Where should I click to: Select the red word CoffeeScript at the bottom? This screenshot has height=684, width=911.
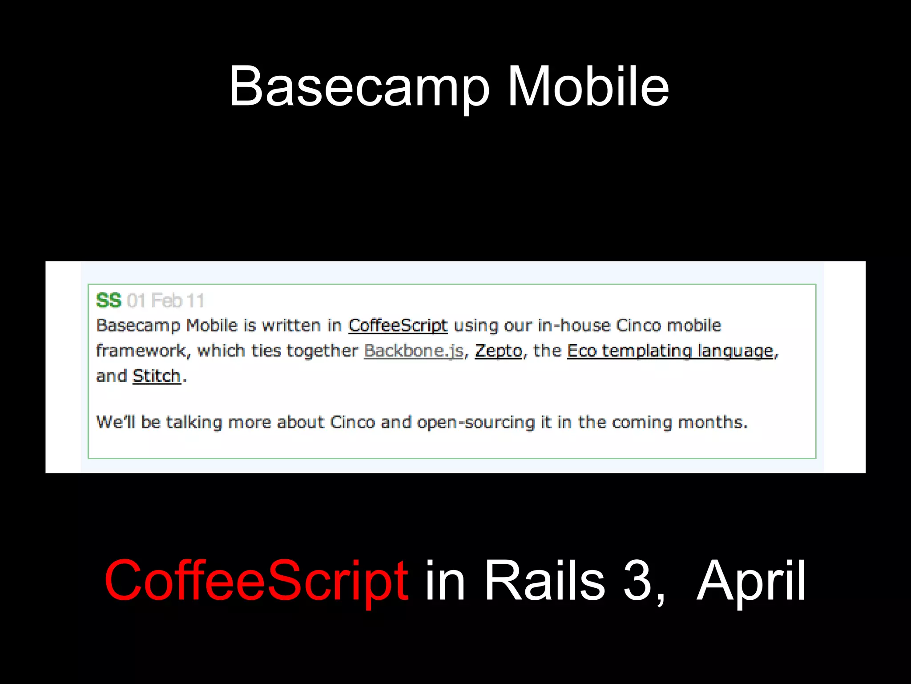point(256,581)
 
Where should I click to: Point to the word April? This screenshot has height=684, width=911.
point(751,582)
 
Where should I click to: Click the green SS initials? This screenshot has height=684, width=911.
point(109,301)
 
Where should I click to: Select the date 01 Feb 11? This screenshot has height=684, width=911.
point(165,301)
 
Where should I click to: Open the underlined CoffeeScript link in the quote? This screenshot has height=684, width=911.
point(398,326)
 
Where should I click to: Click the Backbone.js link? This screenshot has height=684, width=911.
point(414,351)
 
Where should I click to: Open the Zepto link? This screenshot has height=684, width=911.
point(498,351)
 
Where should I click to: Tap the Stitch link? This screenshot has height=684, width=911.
point(157,376)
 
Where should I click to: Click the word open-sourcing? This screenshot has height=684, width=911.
point(476,422)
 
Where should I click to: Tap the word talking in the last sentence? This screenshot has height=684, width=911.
point(194,422)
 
